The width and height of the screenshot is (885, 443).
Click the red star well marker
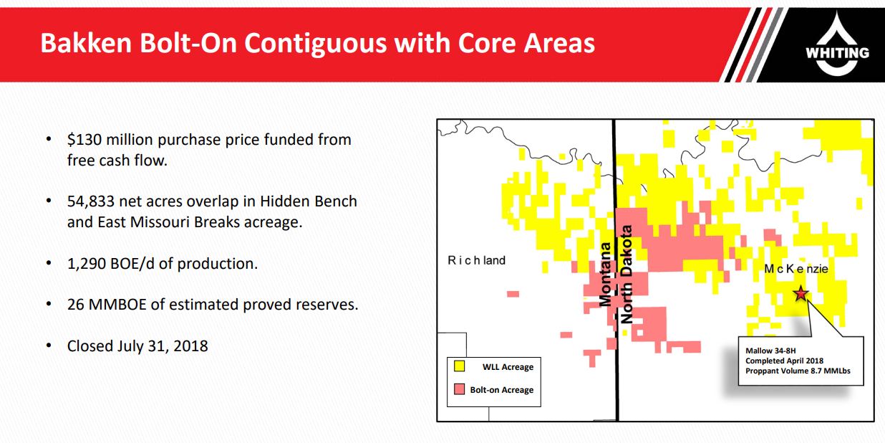tap(801, 293)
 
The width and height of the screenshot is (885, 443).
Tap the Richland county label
tap(476, 260)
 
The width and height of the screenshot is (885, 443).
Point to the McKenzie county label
tap(796, 269)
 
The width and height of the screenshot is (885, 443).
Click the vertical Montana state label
tap(605, 275)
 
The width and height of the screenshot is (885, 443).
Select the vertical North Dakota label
tap(627, 275)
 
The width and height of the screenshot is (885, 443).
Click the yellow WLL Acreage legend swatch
tap(459, 366)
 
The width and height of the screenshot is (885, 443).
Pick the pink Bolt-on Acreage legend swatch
tap(459, 389)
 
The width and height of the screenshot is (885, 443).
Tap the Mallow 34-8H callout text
tap(770, 351)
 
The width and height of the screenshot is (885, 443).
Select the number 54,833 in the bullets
tap(91, 201)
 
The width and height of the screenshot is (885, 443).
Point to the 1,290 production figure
tap(86, 263)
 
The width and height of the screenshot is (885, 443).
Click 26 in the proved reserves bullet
tap(75, 305)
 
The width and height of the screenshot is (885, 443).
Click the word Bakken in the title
tap(86, 43)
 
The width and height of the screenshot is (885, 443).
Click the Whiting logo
tap(837, 44)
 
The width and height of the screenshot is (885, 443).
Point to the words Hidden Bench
tap(309, 201)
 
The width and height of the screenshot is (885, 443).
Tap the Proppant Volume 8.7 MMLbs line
tap(798, 371)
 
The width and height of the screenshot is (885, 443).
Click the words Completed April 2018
tap(784, 361)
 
